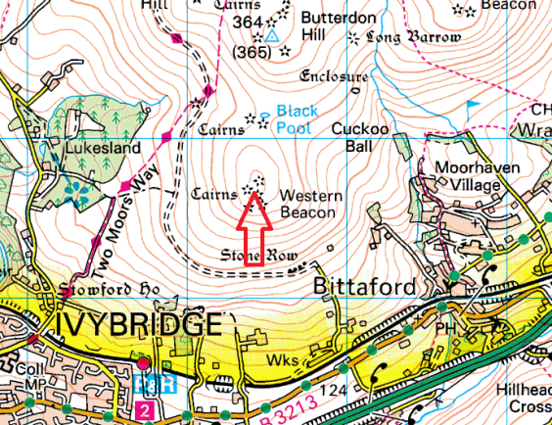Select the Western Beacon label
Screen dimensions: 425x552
coord(310,204)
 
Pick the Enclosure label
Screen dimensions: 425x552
coord(335,76)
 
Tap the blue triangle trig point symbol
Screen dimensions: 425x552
coord(273,35)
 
